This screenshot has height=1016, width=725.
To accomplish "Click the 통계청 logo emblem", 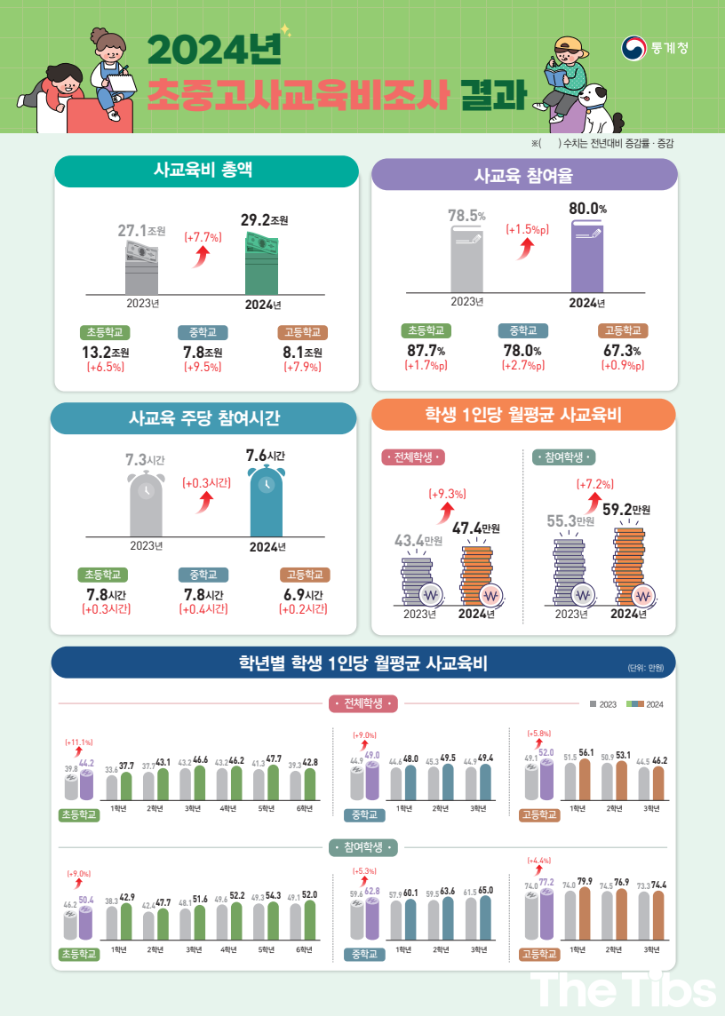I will pyautogui.click(x=633, y=48).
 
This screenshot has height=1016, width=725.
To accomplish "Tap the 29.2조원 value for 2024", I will pyautogui.click(x=265, y=219).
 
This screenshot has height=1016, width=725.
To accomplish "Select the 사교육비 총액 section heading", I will pyautogui.click(x=206, y=171).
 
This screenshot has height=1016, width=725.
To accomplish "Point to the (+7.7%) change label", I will pyautogui.click(x=203, y=237).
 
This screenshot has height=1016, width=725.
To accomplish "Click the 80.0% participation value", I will pyautogui.click(x=587, y=210).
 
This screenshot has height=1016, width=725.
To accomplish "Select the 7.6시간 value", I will pyautogui.click(x=265, y=456).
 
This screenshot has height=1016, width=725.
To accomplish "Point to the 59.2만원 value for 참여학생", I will pyautogui.click(x=626, y=510).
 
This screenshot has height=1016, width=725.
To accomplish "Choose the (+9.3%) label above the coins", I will pyautogui.click(x=447, y=494).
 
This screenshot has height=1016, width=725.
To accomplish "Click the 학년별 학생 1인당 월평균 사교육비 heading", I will pyautogui.click(x=362, y=663).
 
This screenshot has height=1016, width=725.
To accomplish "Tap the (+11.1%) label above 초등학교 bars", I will pyautogui.click(x=79, y=742).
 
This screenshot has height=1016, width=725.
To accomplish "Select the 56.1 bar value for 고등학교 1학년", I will pyautogui.click(x=586, y=751).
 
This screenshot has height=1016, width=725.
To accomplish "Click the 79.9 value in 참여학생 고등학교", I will pyautogui.click(x=585, y=882).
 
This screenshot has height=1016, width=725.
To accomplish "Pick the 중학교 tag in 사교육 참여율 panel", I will pyautogui.click(x=522, y=330).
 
